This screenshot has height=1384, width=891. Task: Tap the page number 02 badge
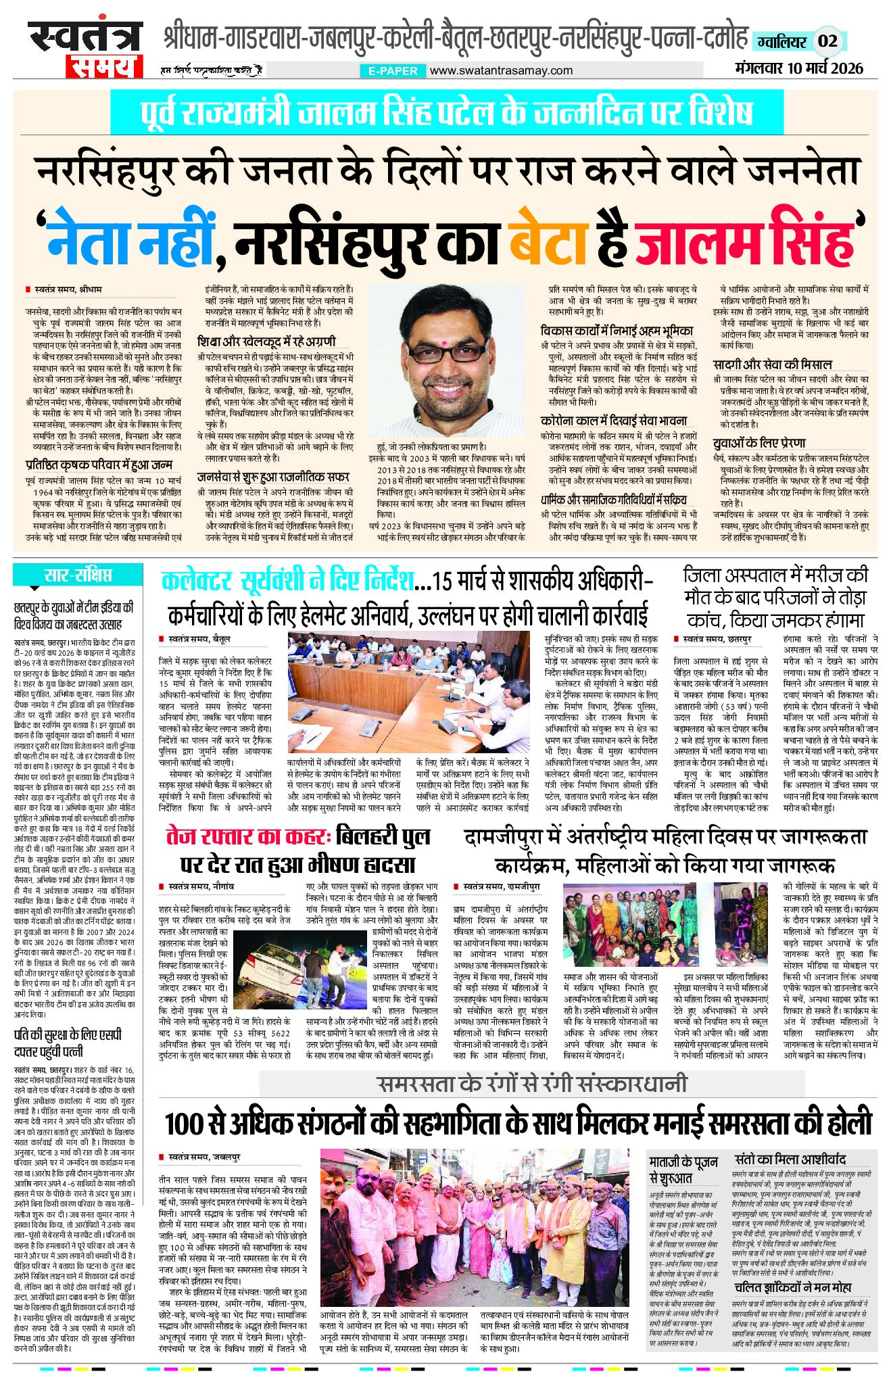pos(828,41)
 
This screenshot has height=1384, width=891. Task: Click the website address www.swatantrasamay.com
pos(501,70)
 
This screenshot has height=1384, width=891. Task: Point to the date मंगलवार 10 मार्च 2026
pos(798,68)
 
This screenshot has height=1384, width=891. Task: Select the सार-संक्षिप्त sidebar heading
pos(78,576)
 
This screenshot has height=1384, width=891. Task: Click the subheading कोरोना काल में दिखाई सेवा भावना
pos(614,421)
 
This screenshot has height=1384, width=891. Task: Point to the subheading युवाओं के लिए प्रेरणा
pos(759,443)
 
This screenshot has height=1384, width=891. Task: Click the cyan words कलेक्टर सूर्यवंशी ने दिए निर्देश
pos(287,581)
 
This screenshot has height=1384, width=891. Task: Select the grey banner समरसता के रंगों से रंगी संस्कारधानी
pos(531,1083)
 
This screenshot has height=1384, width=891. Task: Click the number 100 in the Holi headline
pos(185,1124)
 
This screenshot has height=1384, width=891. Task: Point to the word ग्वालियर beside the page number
pos(781,41)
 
